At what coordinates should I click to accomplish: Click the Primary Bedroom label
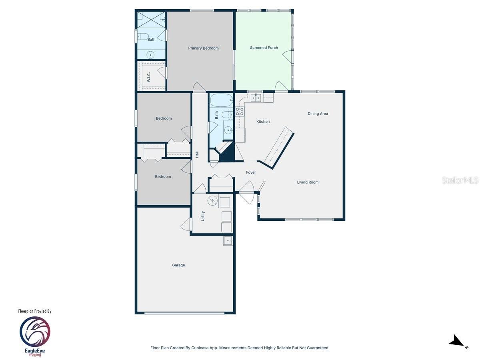203,48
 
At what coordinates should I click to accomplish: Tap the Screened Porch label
264,48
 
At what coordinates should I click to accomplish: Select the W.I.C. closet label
148,77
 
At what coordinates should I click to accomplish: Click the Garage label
178,265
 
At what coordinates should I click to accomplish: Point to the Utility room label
203,216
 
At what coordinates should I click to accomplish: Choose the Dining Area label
318,114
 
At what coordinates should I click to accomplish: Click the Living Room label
308,182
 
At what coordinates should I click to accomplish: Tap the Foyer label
251,173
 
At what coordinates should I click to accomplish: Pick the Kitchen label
263,122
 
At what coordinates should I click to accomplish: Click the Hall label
197,154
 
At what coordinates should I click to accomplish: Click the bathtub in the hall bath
221,99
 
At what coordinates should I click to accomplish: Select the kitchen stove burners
240,112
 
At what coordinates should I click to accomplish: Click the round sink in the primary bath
151,55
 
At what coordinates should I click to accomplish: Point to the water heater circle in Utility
212,200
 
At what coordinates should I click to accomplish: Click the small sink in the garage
228,241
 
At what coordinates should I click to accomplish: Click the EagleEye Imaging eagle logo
35,331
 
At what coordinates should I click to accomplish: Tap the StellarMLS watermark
460,180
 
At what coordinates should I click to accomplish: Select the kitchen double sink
256,98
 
